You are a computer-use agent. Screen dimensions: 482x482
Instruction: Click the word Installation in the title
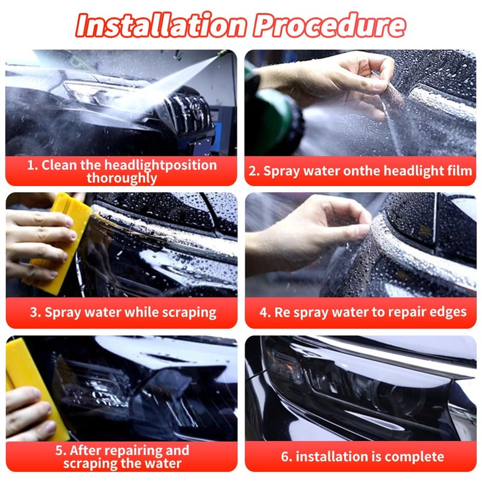click(x=161, y=25)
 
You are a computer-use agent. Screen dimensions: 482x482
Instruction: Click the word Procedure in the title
click(x=330, y=25)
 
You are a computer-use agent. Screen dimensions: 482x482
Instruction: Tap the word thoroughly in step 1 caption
click(x=122, y=178)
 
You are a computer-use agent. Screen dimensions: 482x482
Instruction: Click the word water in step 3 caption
click(x=102, y=312)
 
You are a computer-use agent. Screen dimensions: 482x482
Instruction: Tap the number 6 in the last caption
click(x=286, y=457)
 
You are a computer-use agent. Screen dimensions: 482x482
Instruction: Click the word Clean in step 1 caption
click(x=59, y=165)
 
